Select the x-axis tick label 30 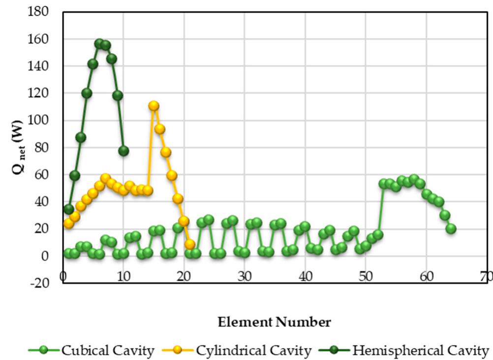(245, 276)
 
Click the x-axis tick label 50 (366, 276)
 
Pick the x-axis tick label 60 (426, 276)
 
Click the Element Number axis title (275, 323)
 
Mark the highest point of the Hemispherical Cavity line (99, 44)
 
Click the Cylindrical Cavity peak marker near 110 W (154, 106)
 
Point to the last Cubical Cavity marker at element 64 (451, 229)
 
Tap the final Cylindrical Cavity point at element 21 (190, 244)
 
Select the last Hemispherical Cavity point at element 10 (123, 151)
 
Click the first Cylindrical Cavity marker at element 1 (69, 224)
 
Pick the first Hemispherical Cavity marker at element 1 (69, 209)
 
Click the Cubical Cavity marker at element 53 (384, 184)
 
